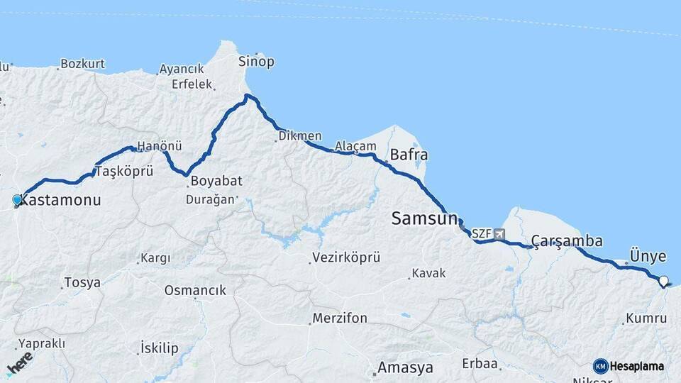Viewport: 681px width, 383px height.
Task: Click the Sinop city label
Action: (256, 62)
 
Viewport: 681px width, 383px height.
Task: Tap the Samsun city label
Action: (424, 219)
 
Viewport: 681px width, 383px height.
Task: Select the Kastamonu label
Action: (60, 201)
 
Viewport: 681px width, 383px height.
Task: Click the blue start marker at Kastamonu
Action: (17, 200)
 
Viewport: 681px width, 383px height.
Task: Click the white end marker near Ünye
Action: (664, 281)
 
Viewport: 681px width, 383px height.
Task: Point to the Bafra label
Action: (409, 155)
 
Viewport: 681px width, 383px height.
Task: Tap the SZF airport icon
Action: (500, 233)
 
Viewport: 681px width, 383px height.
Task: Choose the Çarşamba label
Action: (567, 241)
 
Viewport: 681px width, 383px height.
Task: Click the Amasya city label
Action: (405, 368)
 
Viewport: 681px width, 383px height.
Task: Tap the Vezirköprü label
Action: (346, 258)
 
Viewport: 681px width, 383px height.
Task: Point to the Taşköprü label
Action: (124, 172)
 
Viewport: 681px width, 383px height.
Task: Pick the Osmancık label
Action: (195, 290)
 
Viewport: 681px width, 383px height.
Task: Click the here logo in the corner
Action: (20, 363)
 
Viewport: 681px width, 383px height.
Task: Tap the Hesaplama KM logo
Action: (629, 366)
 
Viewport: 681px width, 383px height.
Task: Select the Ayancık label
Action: (182, 69)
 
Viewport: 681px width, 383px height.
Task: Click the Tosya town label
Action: (82, 282)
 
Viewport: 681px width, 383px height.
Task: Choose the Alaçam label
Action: (355, 145)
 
